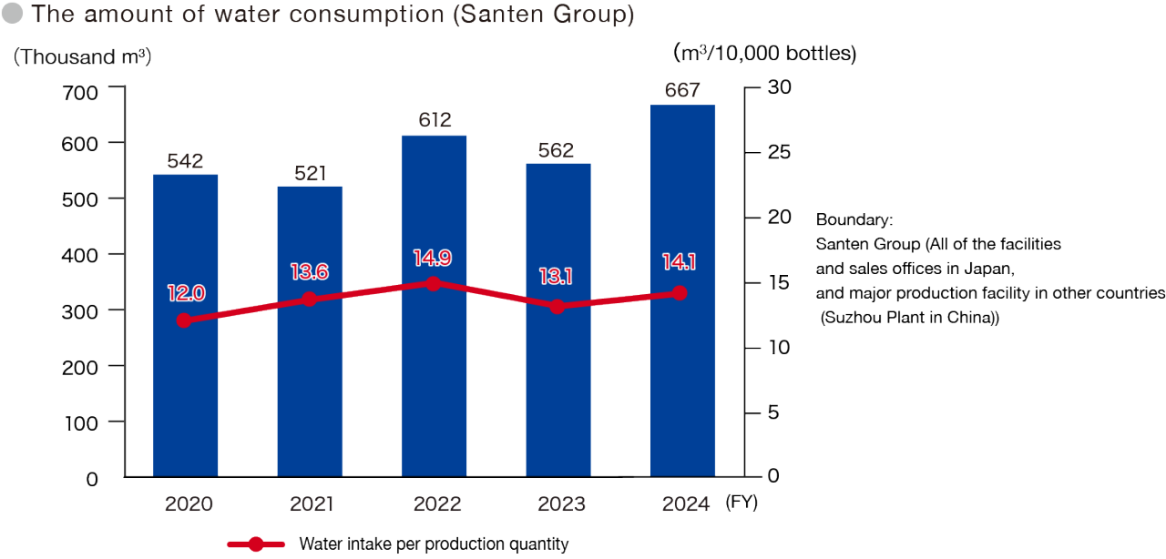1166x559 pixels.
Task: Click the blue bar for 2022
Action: [434, 382]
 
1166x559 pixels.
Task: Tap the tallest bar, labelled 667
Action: [682, 382]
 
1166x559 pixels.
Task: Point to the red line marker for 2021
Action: [310, 299]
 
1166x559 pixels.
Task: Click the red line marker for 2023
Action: [558, 307]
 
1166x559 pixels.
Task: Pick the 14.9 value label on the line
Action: [434, 259]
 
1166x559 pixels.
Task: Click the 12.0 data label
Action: [186, 293]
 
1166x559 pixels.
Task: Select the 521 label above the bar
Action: [310, 173]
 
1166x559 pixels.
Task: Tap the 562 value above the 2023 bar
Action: [557, 150]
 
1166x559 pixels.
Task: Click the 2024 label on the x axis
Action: [682, 503]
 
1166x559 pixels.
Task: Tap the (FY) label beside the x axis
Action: [740, 503]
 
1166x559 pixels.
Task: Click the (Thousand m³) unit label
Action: [81, 56]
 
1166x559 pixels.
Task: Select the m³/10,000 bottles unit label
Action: [764, 54]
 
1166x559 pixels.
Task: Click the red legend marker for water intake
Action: [256, 544]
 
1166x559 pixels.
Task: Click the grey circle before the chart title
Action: [13, 15]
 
